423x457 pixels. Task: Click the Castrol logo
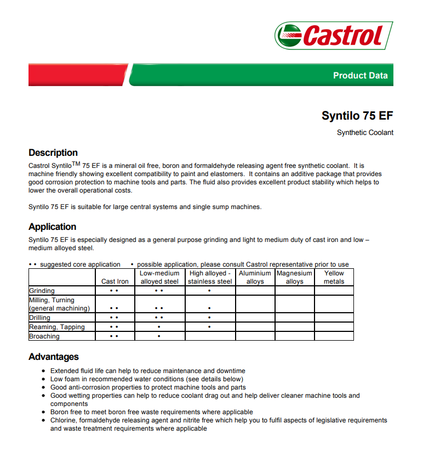[334, 36]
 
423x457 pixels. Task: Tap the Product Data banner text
[360, 76]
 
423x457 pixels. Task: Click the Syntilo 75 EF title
[357, 116]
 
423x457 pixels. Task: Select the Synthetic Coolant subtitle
[365, 133]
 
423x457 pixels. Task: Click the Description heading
[53, 153]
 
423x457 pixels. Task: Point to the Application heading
[53, 227]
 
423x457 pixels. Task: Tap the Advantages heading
[54, 357]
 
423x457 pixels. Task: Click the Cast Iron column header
[115, 281]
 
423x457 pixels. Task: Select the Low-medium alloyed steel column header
[159, 277]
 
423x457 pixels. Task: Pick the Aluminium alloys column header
[255, 277]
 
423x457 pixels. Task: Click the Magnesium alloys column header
[294, 277]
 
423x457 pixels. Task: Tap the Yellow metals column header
[334, 277]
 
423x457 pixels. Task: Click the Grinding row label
[42, 291]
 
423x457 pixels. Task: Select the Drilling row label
[40, 318]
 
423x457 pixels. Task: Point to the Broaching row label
[44, 336]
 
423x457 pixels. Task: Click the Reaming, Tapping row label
[57, 327]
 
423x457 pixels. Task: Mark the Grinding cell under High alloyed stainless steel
[210, 291]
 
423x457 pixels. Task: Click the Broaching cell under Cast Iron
[114, 336]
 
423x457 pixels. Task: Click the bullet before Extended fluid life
[44, 371]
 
